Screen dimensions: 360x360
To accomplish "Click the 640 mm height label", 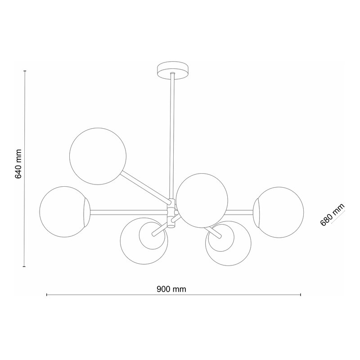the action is click(x=18, y=164).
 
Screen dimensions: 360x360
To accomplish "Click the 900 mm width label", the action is click(x=171, y=289).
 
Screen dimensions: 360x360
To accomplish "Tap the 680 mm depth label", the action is click(x=332, y=215).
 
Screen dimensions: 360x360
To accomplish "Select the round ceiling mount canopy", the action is click(x=173, y=70).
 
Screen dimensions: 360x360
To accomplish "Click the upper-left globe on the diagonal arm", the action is click(x=98, y=156).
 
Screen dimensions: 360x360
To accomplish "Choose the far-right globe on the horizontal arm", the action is click(x=278, y=212).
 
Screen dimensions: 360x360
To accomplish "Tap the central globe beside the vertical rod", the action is click(x=202, y=200).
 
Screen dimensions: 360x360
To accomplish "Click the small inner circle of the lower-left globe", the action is click(x=152, y=236).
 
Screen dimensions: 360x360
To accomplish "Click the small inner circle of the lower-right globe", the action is click(x=221, y=238).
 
